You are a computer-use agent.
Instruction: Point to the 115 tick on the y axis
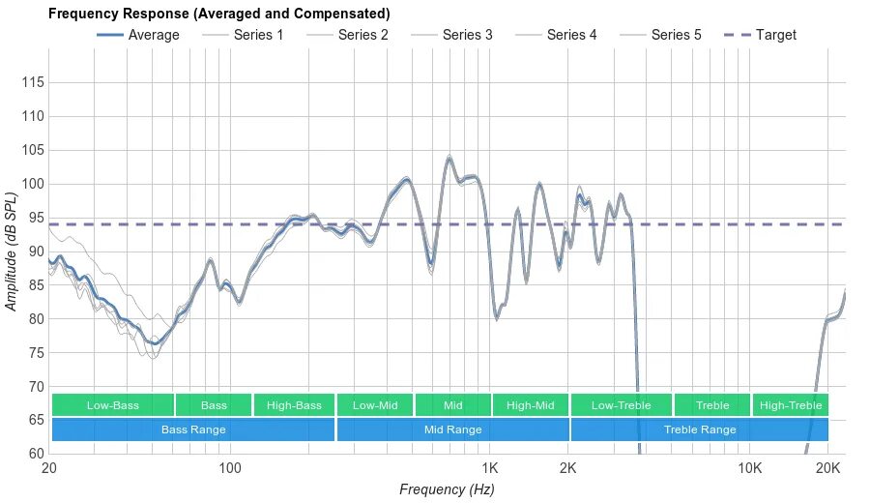pos(33,83)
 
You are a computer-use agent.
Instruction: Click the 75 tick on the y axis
pos(33,353)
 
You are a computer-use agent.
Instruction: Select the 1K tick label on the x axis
pos(488,468)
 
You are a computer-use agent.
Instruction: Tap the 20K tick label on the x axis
pos(827,468)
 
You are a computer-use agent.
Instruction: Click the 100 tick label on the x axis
pos(229,468)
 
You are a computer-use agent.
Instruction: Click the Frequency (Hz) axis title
pos(447,489)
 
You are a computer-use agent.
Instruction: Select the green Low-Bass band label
pos(113,405)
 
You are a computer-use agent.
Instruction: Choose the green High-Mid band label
pos(530,405)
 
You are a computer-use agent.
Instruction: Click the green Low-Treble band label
pos(621,405)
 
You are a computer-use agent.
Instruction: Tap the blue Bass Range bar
pos(193,429)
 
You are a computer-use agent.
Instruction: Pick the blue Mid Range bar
pos(452,429)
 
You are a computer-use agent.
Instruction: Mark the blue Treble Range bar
pos(699,429)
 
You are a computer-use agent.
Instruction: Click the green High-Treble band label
pos(791,405)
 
